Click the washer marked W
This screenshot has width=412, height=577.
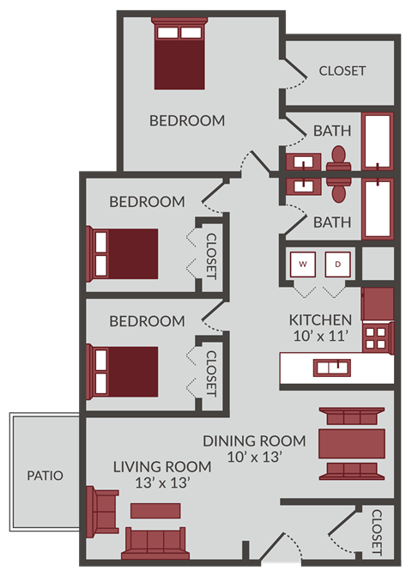[304, 264]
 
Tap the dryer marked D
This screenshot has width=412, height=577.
[338, 264]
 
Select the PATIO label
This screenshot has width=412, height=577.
[45, 475]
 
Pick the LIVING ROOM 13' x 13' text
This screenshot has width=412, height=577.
[162, 475]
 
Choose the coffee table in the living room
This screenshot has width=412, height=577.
[155, 510]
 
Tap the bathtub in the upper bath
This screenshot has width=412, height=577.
[378, 140]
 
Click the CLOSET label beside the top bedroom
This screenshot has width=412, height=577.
[342, 70]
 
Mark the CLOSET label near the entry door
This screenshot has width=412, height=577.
[378, 531]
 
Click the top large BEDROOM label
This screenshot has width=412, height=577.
[187, 120]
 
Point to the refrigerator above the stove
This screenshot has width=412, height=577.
[378, 303]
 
